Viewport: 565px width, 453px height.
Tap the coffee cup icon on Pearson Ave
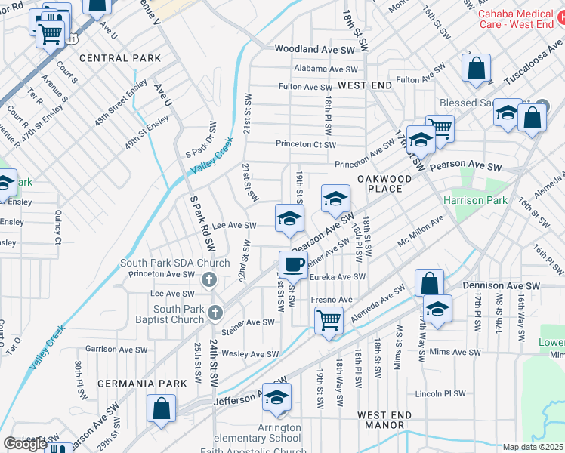[294, 264]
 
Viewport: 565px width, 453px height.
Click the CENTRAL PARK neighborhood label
[120, 58]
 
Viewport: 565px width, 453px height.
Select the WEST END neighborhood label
[365, 86]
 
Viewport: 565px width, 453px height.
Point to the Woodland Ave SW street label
[314, 48]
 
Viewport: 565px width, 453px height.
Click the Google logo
[25, 444]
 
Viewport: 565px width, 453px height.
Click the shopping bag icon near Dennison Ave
[429, 284]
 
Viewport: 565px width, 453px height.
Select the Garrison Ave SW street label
[116, 349]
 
